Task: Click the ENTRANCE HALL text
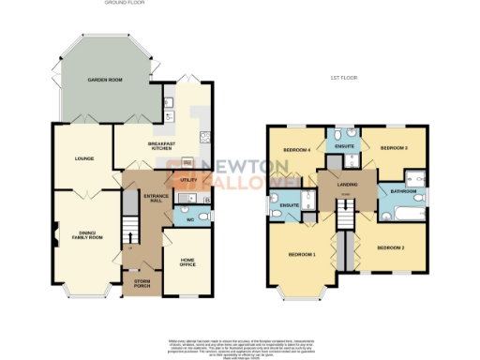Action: (154, 198)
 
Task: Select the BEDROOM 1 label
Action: (301, 255)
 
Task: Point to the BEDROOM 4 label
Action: (298, 149)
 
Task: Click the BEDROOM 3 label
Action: (395, 148)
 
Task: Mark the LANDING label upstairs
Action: (348, 185)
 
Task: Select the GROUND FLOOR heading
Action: (123, 4)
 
